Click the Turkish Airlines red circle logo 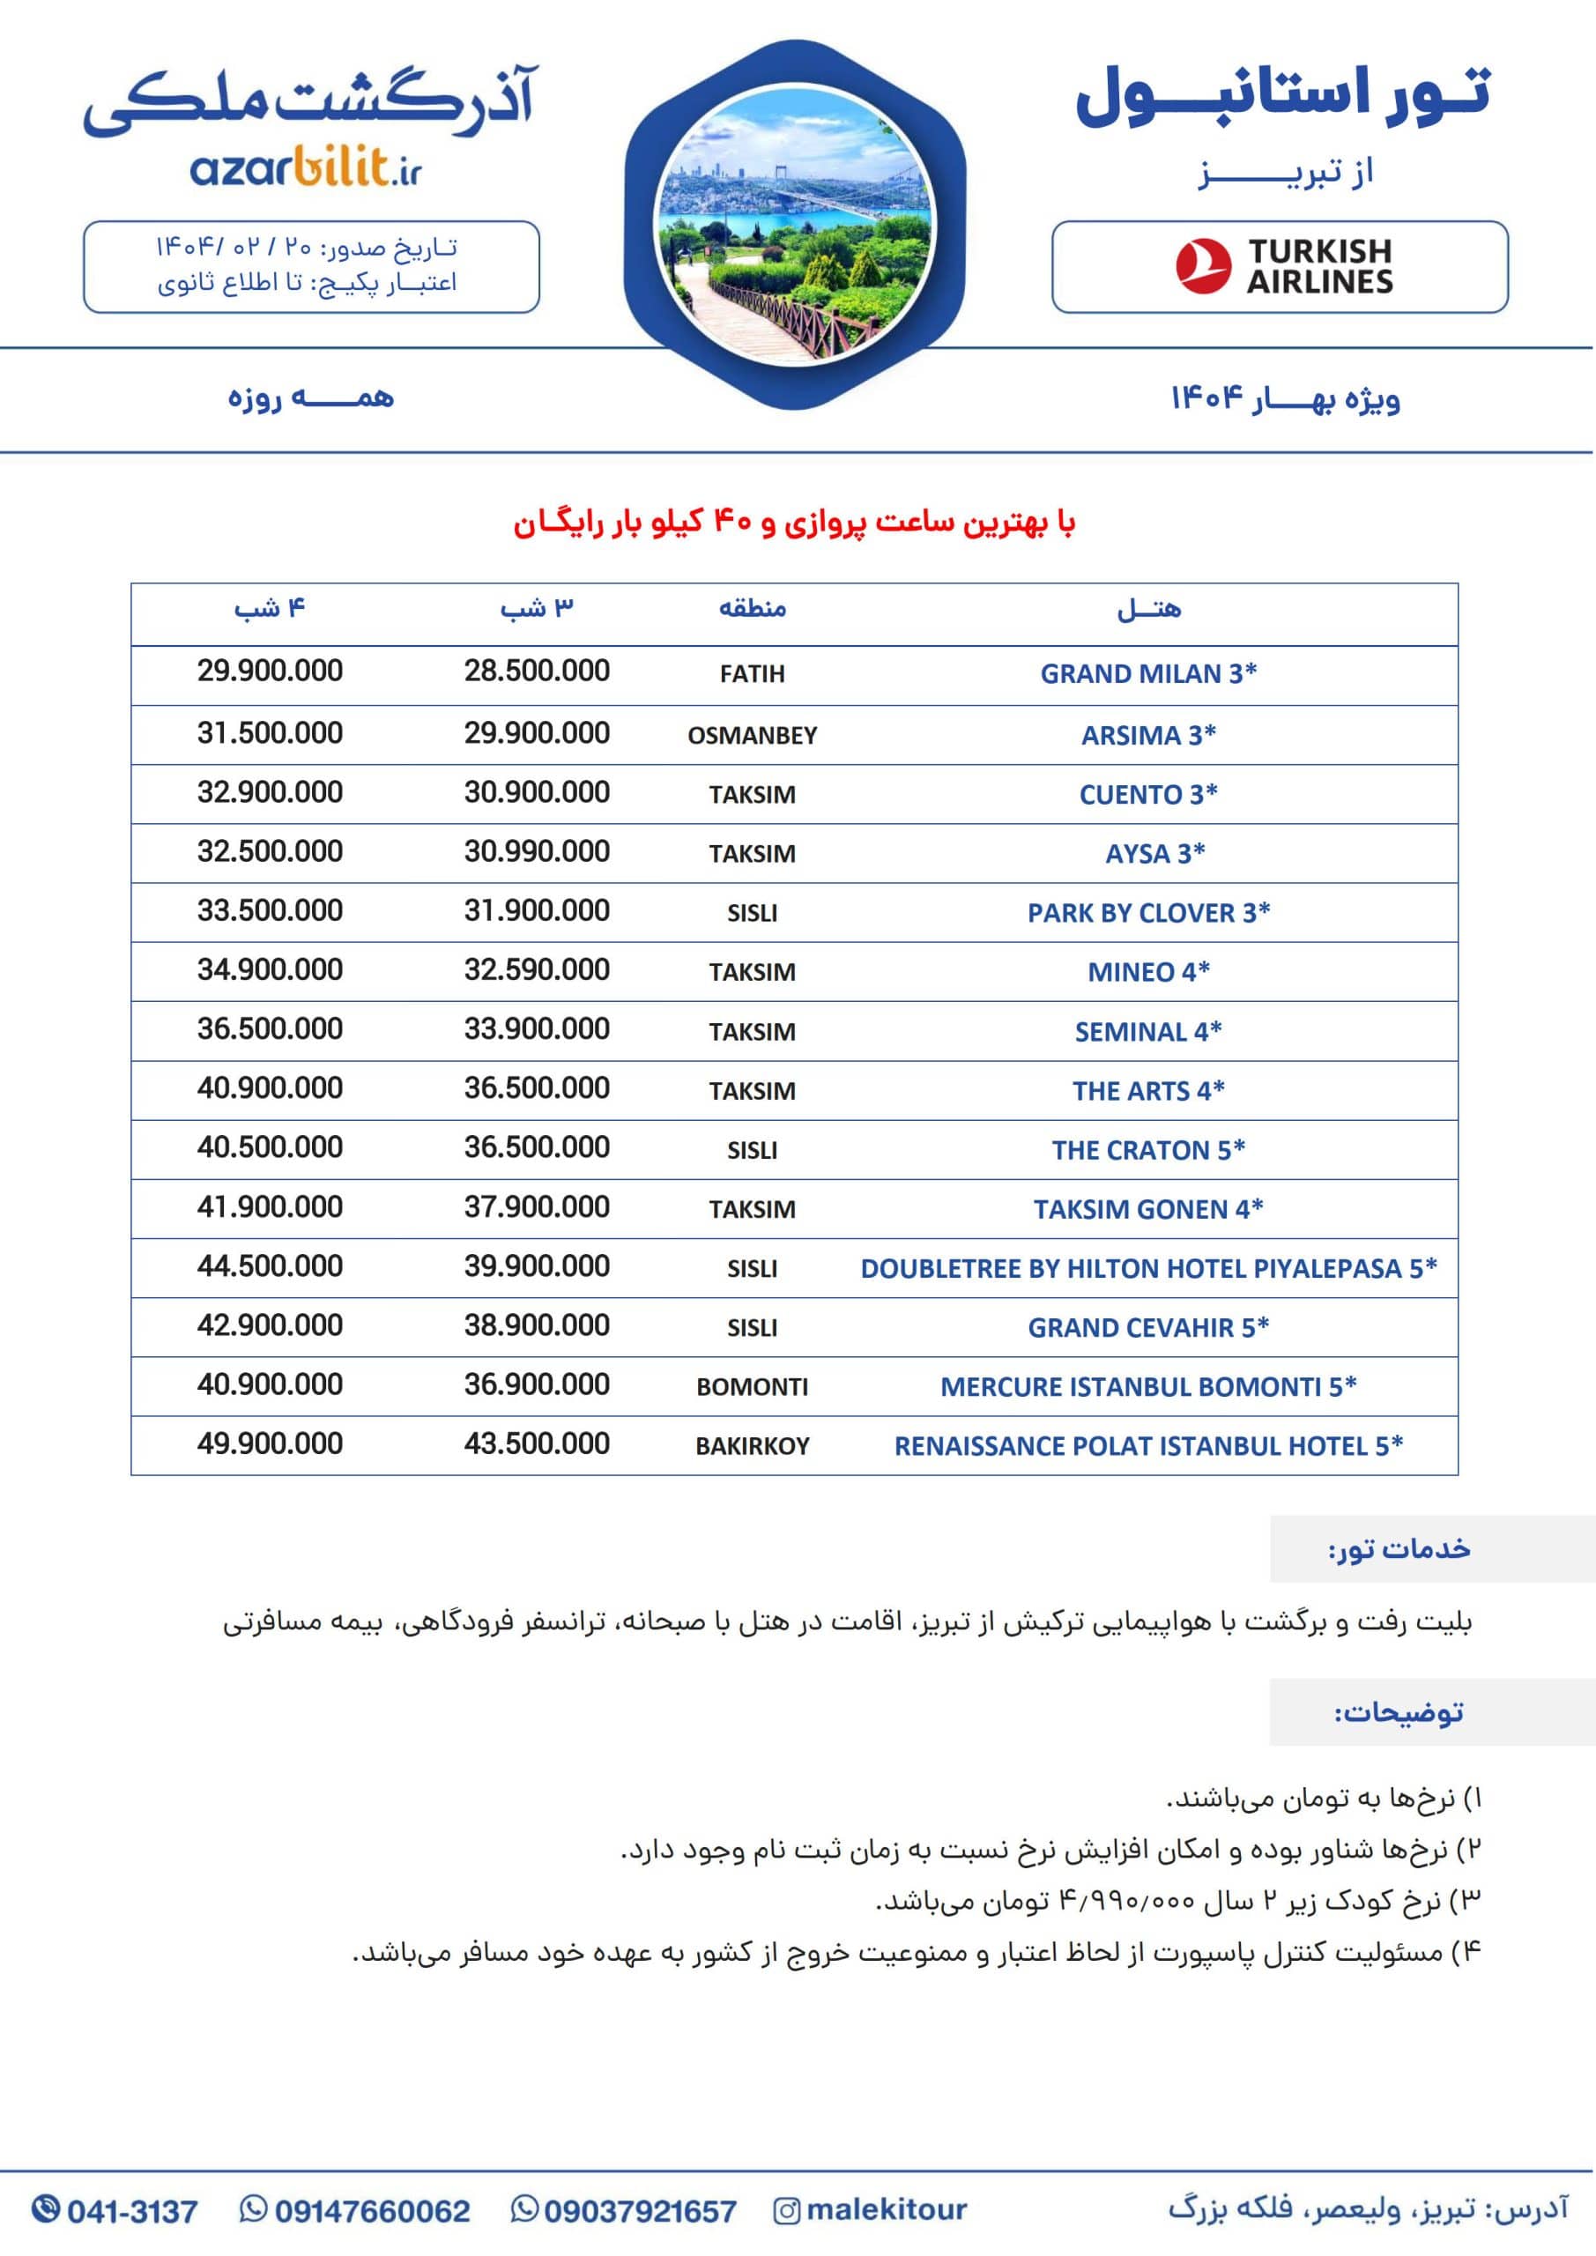(1203, 266)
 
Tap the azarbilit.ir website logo (306, 170)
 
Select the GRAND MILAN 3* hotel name (1147, 674)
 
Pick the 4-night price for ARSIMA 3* (271, 734)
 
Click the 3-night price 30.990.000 (537, 852)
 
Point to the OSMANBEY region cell (752, 736)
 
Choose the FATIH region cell (752, 675)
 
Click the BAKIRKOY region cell (752, 1446)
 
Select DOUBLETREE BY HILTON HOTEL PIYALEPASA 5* (1147, 1268)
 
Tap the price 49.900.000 (271, 1444)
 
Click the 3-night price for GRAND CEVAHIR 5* (537, 1325)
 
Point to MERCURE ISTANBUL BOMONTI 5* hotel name (1147, 1386)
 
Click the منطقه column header (752, 609)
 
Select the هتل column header (1147, 610)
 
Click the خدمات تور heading (1399, 1549)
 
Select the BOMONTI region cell (752, 1387)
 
